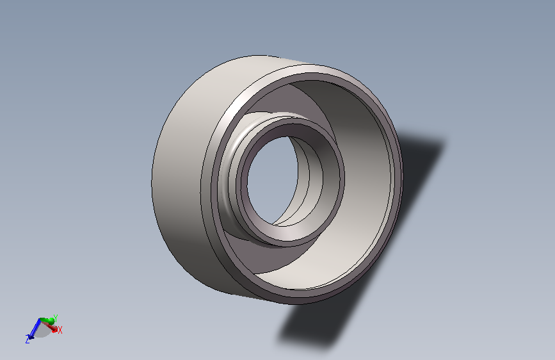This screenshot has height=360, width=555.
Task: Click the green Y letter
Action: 56,318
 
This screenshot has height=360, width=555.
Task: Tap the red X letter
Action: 60,331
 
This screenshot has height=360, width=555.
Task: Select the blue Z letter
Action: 28,340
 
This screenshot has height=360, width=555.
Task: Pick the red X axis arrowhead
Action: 54,329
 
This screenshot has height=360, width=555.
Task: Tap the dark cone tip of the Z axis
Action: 29,336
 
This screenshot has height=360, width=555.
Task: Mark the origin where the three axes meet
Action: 40,320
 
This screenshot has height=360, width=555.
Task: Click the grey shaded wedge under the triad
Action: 42,331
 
